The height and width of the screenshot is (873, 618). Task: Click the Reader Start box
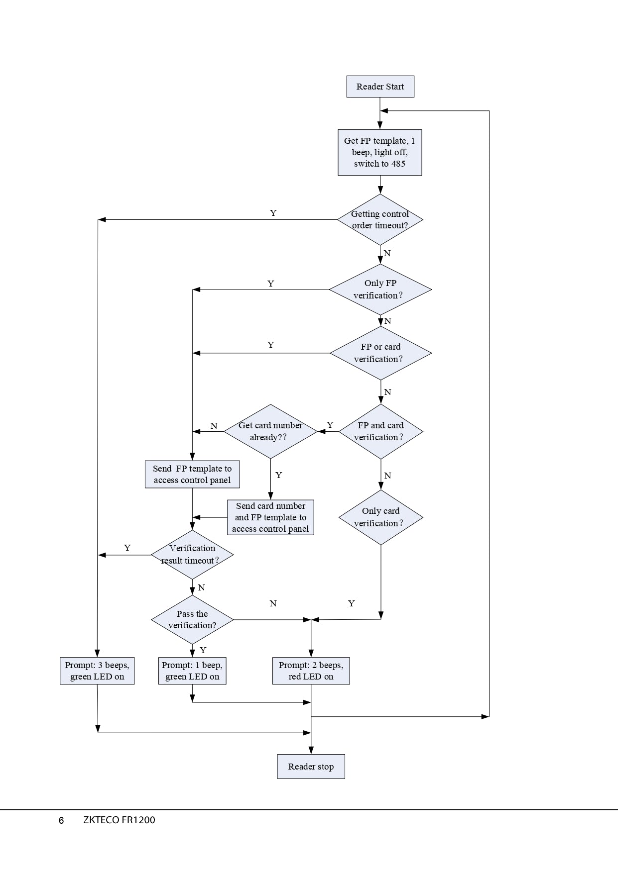pyautogui.click(x=380, y=87)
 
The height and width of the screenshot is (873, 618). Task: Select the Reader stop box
pyautogui.click(x=311, y=767)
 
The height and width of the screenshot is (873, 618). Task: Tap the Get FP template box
pyautogui.click(x=380, y=152)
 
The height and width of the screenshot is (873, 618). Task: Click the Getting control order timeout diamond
pyautogui.click(x=380, y=219)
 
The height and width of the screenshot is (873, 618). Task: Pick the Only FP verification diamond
pyautogui.click(x=380, y=290)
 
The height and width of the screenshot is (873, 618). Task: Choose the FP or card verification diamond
pyautogui.click(x=380, y=353)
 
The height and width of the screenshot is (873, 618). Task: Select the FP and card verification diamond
pyautogui.click(x=381, y=431)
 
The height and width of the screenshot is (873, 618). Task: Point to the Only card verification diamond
pyautogui.click(x=381, y=517)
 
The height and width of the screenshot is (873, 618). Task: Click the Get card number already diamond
pyautogui.click(x=270, y=431)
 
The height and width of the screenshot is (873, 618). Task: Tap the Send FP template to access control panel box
pyautogui.click(x=192, y=474)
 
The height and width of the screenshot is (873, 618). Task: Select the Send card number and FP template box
pyautogui.click(x=270, y=517)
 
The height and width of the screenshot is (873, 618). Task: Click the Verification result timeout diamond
pyautogui.click(x=192, y=555)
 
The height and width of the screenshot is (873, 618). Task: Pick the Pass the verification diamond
pyautogui.click(x=192, y=620)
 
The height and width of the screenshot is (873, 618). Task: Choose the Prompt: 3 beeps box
pyautogui.click(x=97, y=671)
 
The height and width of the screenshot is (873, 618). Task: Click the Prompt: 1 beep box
pyautogui.click(x=192, y=671)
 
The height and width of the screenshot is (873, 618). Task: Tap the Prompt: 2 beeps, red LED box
pyautogui.click(x=311, y=671)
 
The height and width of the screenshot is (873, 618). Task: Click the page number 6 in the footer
pyautogui.click(x=61, y=820)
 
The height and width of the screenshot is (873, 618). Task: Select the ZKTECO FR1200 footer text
pyautogui.click(x=119, y=820)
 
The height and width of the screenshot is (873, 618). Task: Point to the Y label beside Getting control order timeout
pyautogui.click(x=273, y=213)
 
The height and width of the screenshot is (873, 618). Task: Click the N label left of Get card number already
pyautogui.click(x=214, y=426)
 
